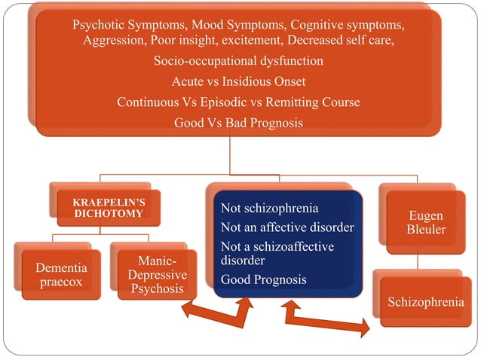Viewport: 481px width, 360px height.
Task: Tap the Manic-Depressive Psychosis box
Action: click(x=158, y=276)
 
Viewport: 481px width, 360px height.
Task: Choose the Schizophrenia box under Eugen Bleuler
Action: click(x=421, y=302)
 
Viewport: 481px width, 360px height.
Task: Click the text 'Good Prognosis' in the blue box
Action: click(x=263, y=279)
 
